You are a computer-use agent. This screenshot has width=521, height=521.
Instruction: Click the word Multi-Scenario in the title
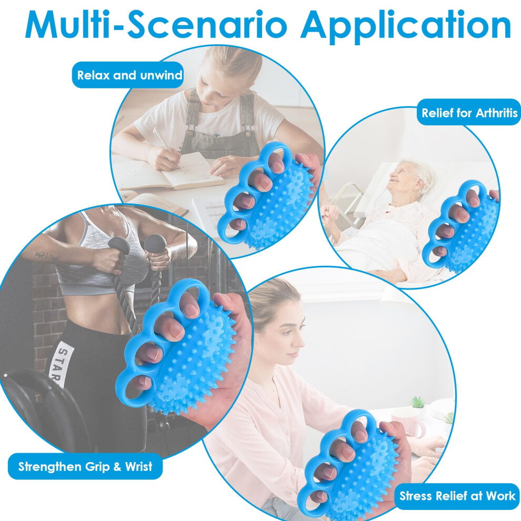156,25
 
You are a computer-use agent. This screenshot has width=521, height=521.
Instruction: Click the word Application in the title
406,27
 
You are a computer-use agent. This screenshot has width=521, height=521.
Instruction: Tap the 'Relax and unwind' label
128,75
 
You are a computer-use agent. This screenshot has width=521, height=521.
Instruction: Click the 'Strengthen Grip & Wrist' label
85,466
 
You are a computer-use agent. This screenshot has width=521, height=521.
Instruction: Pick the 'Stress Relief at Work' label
457,496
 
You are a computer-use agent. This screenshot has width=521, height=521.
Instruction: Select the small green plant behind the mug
418,402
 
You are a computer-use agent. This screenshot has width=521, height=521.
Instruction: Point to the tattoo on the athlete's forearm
46,256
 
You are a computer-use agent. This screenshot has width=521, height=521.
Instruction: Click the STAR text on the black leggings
57,366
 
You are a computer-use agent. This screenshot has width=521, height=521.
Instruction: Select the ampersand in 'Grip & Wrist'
117,467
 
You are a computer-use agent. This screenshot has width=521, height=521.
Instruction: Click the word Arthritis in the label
497,113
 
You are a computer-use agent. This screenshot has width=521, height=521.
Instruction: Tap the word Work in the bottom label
500,496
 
